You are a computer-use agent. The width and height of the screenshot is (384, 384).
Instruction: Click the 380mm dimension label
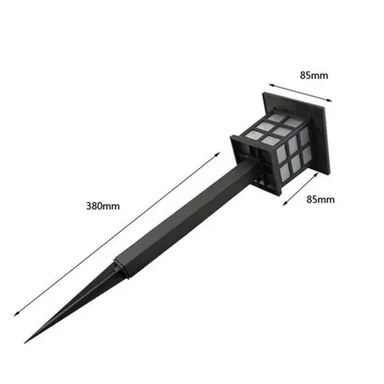click(x=103, y=206)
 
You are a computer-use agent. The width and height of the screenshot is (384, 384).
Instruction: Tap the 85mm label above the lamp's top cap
click(x=314, y=75)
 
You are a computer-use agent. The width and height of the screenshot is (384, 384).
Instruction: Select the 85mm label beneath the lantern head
click(x=320, y=199)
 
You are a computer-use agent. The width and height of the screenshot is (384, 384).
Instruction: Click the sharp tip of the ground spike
click(x=25, y=342)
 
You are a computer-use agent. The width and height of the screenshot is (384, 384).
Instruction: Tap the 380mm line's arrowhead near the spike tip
click(x=16, y=314)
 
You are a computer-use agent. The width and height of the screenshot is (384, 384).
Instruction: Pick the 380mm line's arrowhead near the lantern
click(x=218, y=154)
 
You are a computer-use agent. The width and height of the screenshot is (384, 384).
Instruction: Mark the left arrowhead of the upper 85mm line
click(x=271, y=86)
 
